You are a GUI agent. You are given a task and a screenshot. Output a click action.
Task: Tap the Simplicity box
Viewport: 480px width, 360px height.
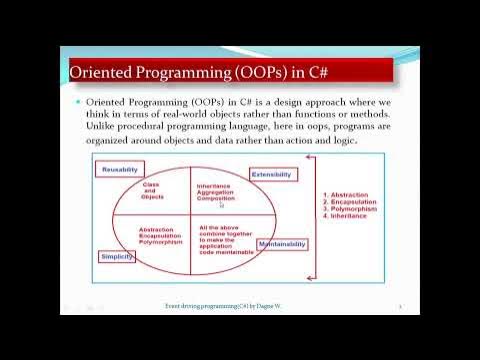tap(116, 257)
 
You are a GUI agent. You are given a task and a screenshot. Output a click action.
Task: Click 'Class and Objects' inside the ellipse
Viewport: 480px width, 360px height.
tap(152, 189)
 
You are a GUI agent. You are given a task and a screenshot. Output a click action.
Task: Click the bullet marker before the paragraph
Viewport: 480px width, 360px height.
tap(77, 103)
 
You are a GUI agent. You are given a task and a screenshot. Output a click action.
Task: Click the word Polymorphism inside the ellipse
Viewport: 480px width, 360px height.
tap(163, 242)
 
